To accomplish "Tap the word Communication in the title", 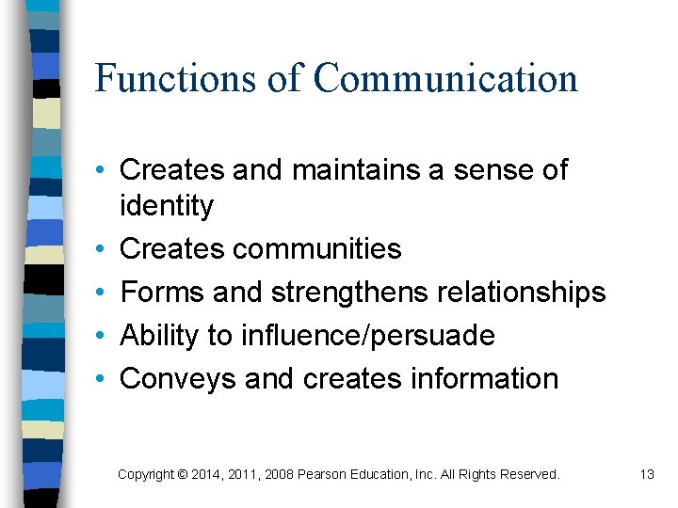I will click(445, 79).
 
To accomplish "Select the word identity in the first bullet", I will click(167, 206).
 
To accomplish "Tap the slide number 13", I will click(646, 475).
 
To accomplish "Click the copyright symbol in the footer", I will click(182, 475).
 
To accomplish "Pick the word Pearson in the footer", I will click(323, 475).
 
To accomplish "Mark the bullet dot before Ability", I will click(99, 336).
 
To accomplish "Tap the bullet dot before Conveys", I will click(99, 379).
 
